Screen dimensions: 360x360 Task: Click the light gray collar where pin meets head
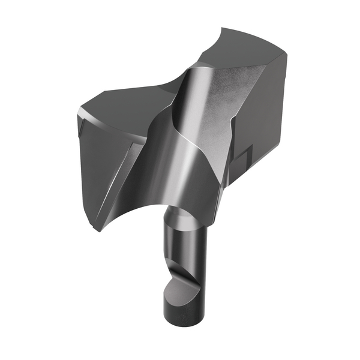[x=180, y=213]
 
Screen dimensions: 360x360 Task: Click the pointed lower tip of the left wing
[x=96, y=229]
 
